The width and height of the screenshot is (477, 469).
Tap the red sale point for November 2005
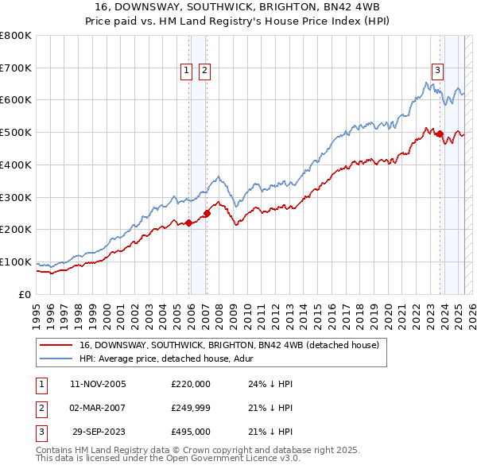point(189,223)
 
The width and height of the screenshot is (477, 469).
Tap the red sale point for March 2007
point(207,213)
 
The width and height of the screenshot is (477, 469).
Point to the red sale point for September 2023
point(440,134)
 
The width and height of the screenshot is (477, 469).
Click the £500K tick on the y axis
point(16,132)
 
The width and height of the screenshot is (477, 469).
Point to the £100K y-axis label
point(16,262)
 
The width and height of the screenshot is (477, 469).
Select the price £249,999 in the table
point(191,408)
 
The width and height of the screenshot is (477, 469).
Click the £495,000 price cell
point(191,432)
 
